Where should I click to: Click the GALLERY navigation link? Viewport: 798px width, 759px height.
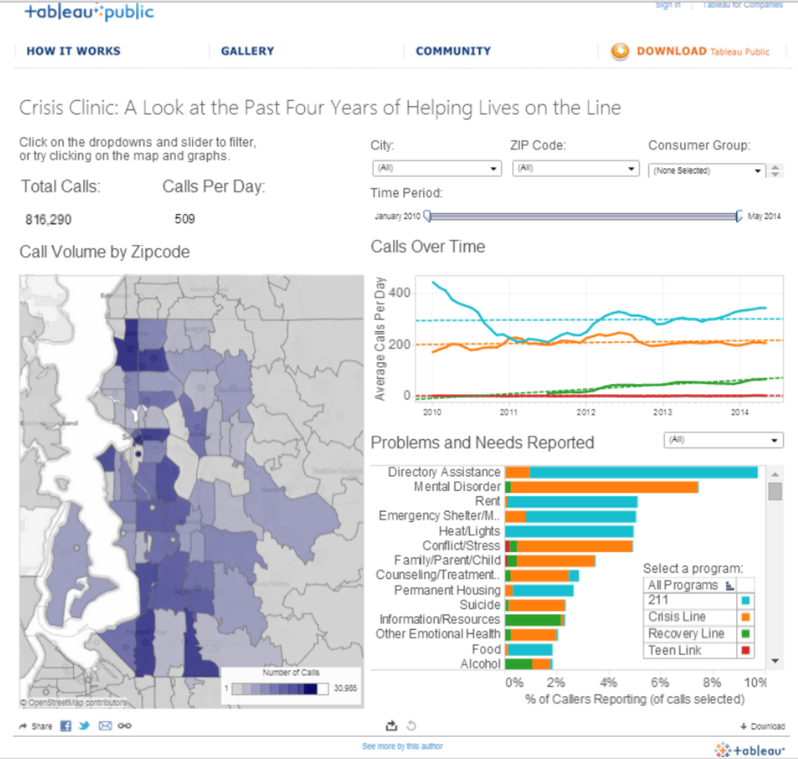247,51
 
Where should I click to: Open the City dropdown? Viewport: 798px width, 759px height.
437,168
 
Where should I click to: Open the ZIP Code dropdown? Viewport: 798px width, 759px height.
575,168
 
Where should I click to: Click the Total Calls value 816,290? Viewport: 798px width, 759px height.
48,219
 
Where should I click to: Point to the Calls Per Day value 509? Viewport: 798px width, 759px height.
184,219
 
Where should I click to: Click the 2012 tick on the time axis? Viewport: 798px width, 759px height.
585,412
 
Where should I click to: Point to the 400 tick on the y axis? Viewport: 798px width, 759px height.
399,293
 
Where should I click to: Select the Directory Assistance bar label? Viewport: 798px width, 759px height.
444,472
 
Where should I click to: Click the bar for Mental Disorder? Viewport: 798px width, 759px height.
603,487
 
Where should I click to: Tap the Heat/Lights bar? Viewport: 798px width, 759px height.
570,531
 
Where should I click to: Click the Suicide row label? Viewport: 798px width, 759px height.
480,605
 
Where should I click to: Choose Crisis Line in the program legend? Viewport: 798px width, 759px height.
677,617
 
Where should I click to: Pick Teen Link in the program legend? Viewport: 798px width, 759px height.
675,651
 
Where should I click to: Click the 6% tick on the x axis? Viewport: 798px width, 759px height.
660,682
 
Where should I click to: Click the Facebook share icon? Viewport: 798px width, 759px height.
66,726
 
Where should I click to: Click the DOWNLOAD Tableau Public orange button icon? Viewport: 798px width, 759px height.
620,51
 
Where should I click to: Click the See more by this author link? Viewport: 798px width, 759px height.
402,746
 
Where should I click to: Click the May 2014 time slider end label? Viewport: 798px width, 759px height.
764,216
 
